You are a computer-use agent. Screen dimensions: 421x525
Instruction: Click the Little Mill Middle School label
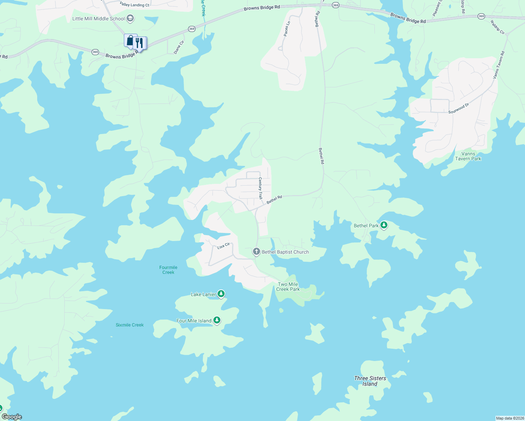click(98, 19)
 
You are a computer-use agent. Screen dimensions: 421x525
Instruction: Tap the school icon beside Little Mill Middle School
click(130, 18)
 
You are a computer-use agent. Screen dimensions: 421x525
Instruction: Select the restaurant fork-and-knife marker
click(140, 43)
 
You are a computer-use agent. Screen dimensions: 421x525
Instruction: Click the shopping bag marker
click(130, 40)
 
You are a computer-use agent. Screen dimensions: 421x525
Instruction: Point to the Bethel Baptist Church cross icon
click(257, 252)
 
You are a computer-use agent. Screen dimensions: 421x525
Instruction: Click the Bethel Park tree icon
click(384, 225)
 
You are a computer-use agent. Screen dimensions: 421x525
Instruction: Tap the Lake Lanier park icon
click(221, 294)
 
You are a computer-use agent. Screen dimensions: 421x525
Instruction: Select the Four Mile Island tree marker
click(217, 320)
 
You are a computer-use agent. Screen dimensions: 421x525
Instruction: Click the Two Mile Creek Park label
click(288, 287)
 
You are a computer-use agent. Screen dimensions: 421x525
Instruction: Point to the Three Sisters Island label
click(370, 381)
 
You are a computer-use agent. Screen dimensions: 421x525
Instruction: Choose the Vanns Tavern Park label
click(468, 156)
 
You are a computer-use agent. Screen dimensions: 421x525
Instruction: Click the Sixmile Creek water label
click(129, 325)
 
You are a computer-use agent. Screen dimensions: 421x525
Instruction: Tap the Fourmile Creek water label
click(168, 270)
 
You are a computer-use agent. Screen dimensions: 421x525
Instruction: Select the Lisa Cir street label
click(223, 246)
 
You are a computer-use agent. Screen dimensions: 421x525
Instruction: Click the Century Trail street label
click(260, 188)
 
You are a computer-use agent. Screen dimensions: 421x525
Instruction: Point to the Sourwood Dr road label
click(458, 108)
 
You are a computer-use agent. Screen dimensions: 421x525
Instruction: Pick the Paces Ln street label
click(287, 28)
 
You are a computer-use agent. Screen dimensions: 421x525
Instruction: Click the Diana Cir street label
click(179, 47)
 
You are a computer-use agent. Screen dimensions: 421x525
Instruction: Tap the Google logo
click(12, 417)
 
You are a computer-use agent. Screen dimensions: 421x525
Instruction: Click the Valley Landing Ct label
click(134, 5)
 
